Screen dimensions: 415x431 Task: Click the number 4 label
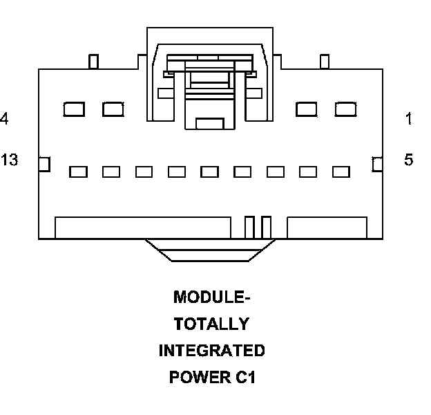[4, 119]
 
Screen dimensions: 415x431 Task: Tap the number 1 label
[409, 119]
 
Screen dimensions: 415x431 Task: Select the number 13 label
[9, 160]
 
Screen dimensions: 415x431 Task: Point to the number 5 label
[409, 160]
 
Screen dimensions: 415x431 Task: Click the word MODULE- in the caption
[211, 297]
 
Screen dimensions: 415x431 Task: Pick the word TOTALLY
[211, 324]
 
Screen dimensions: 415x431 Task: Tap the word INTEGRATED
[211, 351]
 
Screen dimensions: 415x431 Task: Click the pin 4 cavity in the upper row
[74, 109]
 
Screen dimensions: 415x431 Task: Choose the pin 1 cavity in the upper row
[345, 109]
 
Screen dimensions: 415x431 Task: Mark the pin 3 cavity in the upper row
[113, 109]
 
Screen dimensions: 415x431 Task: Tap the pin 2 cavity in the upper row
[307, 109]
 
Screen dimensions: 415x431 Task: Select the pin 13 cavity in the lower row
[78, 172]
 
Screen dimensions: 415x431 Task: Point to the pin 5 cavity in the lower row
[341, 172]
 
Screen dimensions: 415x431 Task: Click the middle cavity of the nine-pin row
[210, 172]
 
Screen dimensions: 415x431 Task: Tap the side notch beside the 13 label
[44, 164]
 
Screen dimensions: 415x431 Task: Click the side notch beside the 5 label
[377, 164]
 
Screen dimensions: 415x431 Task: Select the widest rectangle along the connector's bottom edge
[142, 228]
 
